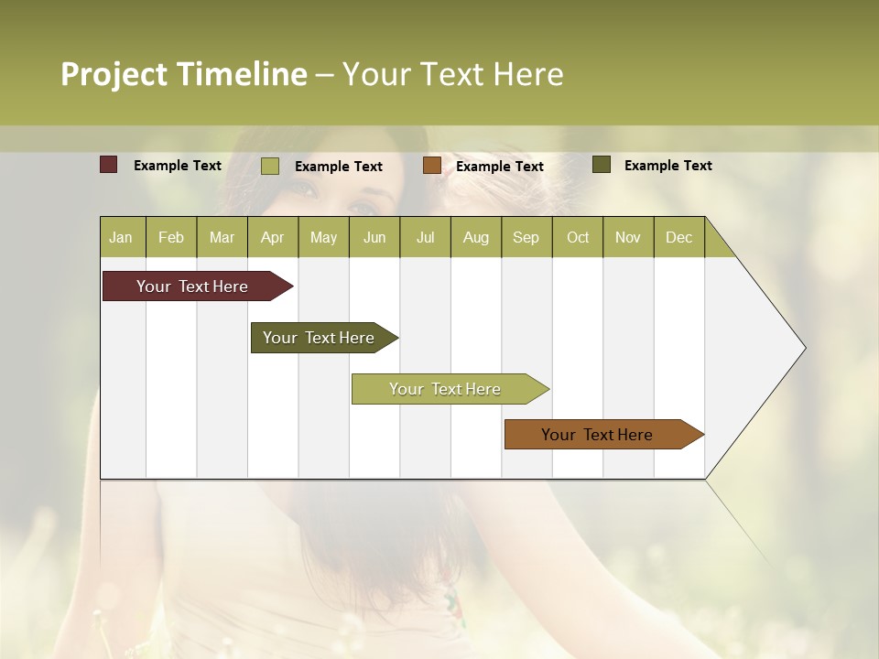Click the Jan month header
pyautogui.click(x=121, y=237)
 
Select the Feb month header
pyautogui.click(x=171, y=237)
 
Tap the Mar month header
pyautogui.click(x=222, y=237)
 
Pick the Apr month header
pyautogui.click(x=272, y=237)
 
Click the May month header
pyautogui.click(x=323, y=237)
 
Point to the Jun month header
pyautogui.click(x=374, y=237)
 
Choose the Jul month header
pyautogui.click(x=425, y=237)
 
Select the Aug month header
pyautogui.click(x=475, y=237)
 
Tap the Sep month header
pyautogui.click(x=526, y=237)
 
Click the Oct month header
pyautogui.click(x=578, y=237)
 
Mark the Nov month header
pyautogui.click(x=628, y=237)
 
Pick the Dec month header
pyautogui.click(x=678, y=237)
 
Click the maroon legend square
pyautogui.click(x=109, y=165)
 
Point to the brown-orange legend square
pyautogui.click(x=432, y=165)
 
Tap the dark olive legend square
pyautogui.click(x=602, y=165)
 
